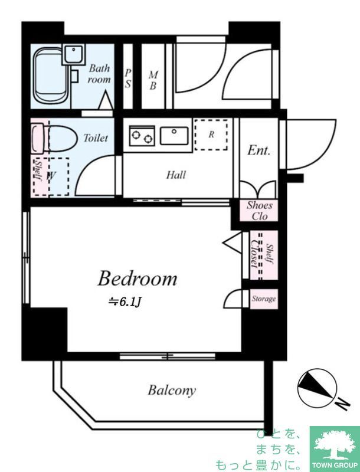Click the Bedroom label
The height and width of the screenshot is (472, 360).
(x=138, y=278)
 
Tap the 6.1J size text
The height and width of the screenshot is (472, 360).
(x=125, y=302)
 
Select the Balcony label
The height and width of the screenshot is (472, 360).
(x=172, y=391)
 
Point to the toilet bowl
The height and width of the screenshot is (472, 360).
(x=54, y=139)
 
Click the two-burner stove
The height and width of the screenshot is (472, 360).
(x=142, y=136)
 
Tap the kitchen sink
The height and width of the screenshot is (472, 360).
(x=174, y=136)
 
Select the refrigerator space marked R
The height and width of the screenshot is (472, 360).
(x=211, y=135)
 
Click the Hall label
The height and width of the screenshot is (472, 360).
(x=176, y=175)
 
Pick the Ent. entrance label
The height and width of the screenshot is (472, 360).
(x=258, y=150)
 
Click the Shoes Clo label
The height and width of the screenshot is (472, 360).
(x=259, y=211)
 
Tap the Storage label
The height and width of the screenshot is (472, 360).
(x=264, y=299)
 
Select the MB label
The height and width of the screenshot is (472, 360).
(x=153, y=80)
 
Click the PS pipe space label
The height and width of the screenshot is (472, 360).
(x=128, y=78)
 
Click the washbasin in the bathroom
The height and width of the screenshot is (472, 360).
(x=73, y=54)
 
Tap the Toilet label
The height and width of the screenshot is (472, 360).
(x=96, y=138)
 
